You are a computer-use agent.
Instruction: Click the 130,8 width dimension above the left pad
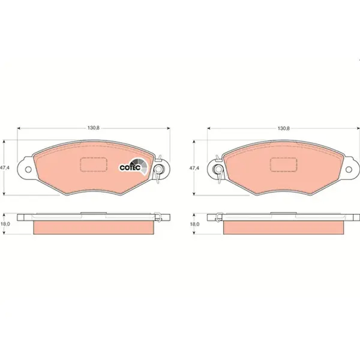click(x=94, y=128)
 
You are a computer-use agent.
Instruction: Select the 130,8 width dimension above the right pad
click(x=284, y=128)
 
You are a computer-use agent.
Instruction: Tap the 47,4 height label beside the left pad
click(x=5, y=168)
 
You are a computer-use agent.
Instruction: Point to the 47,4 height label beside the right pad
click(x=194, y=168)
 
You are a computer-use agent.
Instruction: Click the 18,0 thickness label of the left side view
click(x=5, y=224)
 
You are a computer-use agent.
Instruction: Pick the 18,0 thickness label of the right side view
click(x=194, y=224)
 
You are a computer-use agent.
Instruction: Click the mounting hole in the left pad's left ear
click(x=28, y=170)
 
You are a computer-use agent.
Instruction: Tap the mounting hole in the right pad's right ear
click(x=349, y=170)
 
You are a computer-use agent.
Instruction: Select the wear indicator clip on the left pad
click(x=158, y=169)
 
